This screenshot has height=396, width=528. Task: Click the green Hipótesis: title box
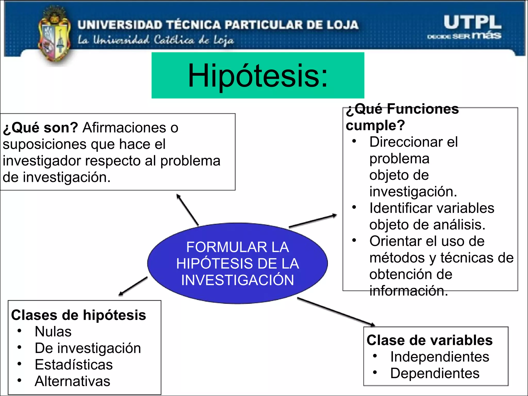[x=258, y=75]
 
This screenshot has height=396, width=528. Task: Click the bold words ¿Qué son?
[x=40, y=127]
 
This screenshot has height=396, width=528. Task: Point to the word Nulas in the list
[x=53, y=332]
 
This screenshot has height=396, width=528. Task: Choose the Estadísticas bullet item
[x=74, y=365]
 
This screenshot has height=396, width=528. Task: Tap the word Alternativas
[x=72, y=381]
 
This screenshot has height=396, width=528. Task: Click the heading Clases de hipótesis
[x=78, y=315]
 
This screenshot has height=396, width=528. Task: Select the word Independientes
[x=440, y=357]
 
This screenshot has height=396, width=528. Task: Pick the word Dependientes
[x=435, y=373]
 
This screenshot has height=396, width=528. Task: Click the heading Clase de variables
[x=430, y=340]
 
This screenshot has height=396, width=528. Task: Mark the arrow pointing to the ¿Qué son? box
[x=187, y=210]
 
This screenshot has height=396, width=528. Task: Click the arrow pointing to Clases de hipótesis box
[x=133, y=286]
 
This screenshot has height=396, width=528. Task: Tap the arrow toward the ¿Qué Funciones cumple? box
[x=313, y=221]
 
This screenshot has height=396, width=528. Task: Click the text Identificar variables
[x=432, y=208]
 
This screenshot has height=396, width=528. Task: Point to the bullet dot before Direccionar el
[x=354, y=141]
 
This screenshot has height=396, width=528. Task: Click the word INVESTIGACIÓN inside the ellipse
[x=237, y=280]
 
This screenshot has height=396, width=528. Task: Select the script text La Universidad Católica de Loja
[x=156, y=40]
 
